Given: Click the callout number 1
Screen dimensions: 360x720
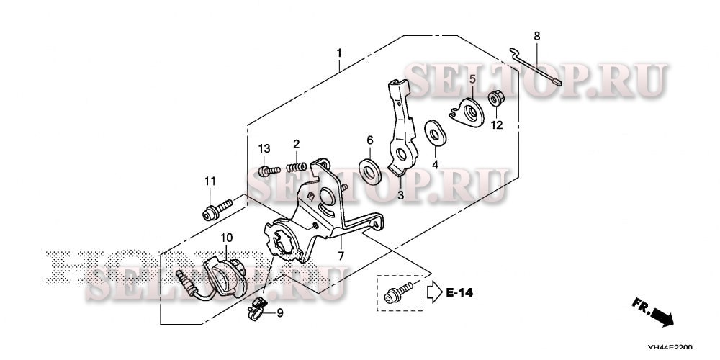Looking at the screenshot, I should point(339,53).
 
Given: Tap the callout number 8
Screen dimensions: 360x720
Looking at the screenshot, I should point(536,36).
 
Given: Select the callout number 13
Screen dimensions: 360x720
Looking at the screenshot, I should point(264,148).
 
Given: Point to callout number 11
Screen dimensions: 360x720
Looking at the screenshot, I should point(210,180).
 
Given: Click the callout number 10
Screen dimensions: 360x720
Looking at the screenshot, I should point(226,238).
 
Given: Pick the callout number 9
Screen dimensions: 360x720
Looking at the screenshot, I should point(280,312).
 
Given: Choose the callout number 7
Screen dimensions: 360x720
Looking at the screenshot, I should point(341,256).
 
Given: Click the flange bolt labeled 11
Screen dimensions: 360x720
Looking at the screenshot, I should point(215,211).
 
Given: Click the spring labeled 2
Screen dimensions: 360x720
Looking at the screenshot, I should point(294,167).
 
